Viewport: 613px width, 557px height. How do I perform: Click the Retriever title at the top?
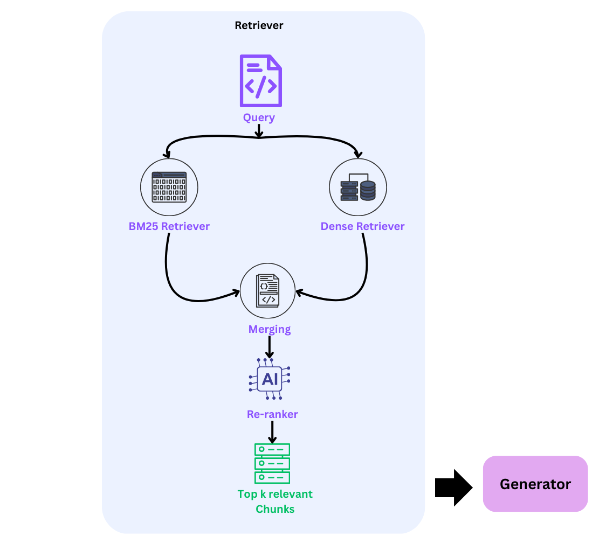coord(259,25)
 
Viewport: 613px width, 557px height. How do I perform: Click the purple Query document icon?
coord(260,81)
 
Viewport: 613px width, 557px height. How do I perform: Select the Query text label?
coord(259,117)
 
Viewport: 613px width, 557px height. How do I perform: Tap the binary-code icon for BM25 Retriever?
coord(169,187)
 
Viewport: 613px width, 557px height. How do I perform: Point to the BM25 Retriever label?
coord(169,226)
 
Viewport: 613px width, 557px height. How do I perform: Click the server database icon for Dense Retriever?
coord(358,187)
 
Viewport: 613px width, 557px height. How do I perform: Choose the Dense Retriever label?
coord(362,226)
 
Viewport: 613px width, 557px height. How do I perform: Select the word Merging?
coord(270,329)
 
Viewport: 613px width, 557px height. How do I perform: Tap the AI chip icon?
coord(270,379)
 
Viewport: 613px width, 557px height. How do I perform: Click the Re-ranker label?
coord(272,414)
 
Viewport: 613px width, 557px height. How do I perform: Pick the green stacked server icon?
coord(272,463)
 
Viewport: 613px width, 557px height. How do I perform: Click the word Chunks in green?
coord(275,509)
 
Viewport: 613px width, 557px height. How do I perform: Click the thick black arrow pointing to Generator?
coord(453,488)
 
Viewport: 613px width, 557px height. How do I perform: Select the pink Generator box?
coord(535,484)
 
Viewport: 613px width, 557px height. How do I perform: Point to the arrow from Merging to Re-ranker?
coord(270,347)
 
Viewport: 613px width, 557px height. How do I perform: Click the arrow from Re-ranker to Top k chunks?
coord(272,431)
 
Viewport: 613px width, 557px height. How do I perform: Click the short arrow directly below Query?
coord(259,131)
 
